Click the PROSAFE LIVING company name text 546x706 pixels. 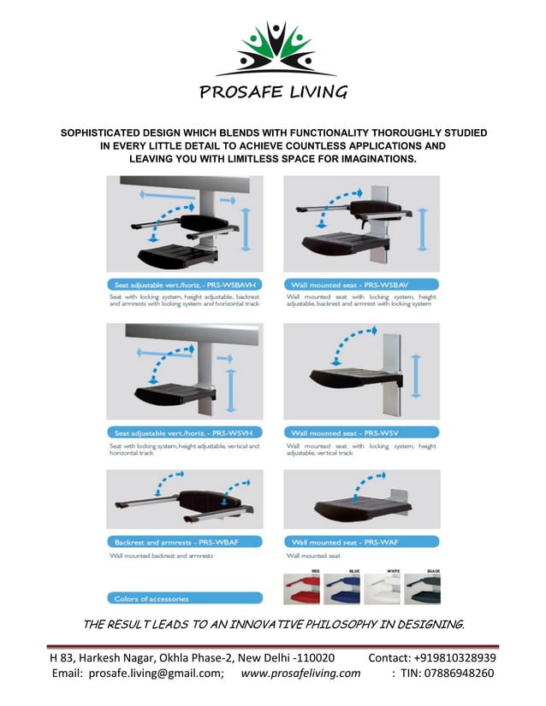[274, 92]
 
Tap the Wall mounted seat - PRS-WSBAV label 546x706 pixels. [349, 284]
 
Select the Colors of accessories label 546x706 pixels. [151, 597]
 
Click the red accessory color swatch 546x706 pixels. [301, 590]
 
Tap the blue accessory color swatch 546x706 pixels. [341, 590]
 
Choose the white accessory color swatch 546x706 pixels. [382, 590]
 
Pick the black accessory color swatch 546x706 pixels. [422, 590]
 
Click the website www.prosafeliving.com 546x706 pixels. [300, 674]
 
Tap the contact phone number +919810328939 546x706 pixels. [454, 657]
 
